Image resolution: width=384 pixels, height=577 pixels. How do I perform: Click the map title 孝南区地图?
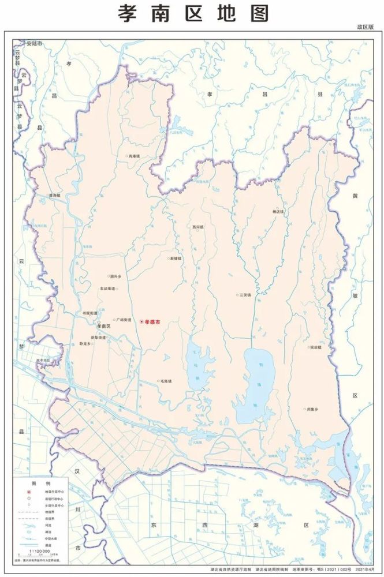coord(193,13)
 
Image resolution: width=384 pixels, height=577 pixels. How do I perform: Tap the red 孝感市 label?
coord(152,321)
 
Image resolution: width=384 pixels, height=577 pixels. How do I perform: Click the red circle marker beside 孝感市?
coord(141,321)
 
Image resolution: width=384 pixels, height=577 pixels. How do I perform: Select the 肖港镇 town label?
coord(134,156)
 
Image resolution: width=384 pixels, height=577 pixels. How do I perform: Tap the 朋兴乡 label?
coord(115,276)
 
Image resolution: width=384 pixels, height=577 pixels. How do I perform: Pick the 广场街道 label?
coord(124,320)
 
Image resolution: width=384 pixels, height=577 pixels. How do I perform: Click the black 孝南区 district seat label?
coord(103,327)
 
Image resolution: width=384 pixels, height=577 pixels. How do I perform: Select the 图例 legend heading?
coord(41,482)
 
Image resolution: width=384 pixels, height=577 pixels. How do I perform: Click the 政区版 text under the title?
coord(365,27)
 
